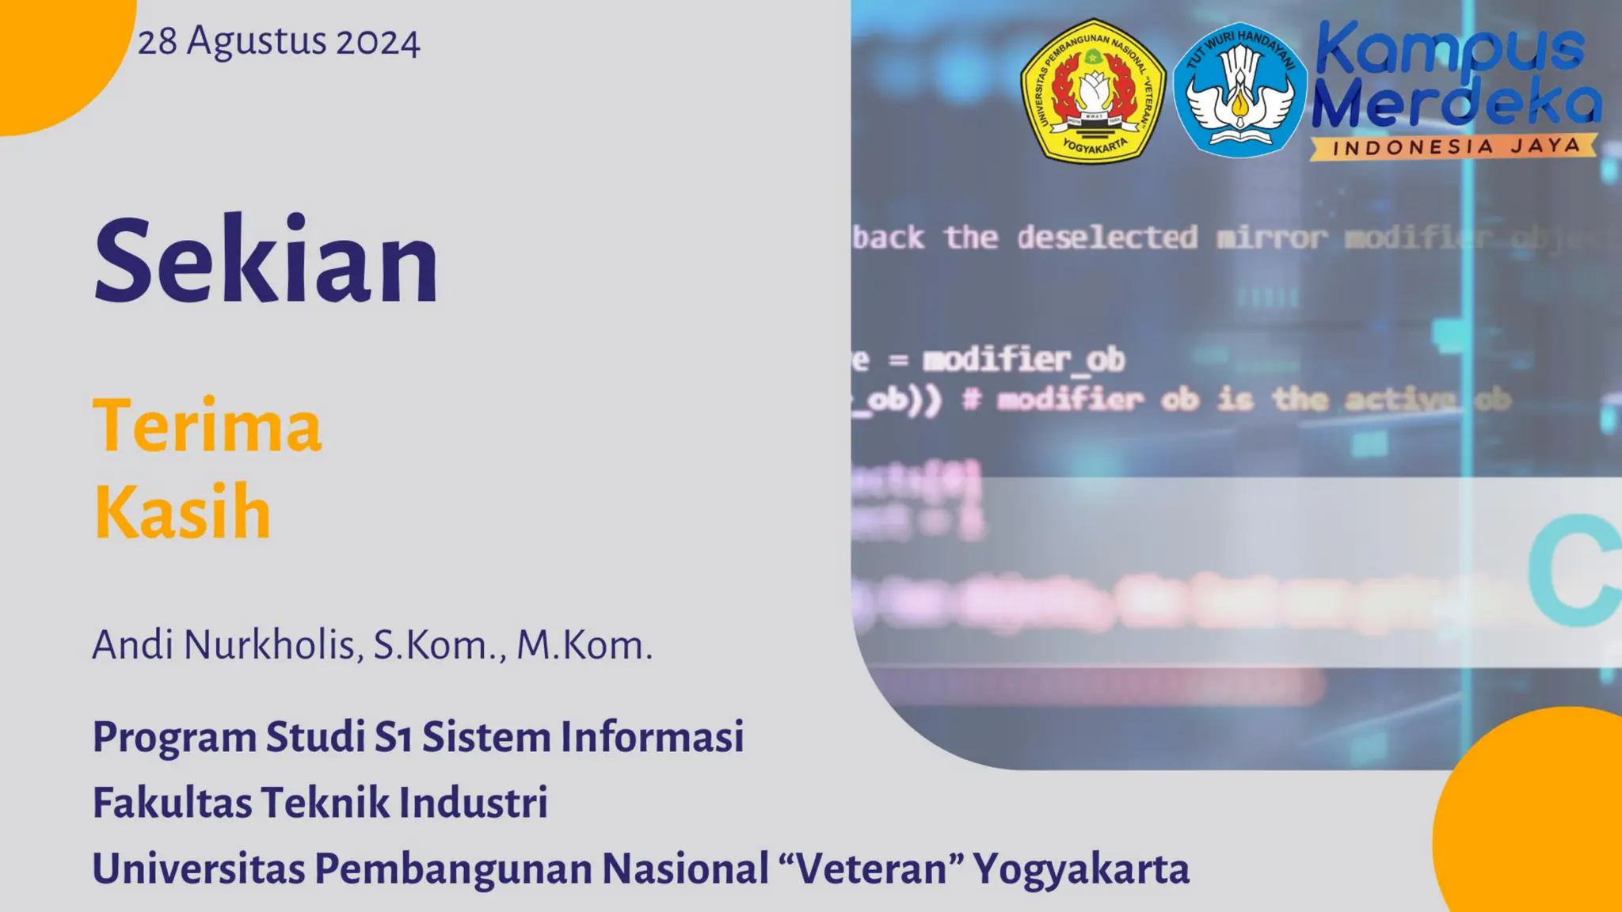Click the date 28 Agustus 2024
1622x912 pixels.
click(279, 41)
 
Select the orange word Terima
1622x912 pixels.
click(208, 426)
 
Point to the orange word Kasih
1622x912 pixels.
click(183, 512)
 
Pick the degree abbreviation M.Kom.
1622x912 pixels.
click(584, 644)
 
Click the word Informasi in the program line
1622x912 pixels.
click(653, 736)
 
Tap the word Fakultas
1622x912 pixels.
click(172, 802)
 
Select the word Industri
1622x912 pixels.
click(474, 802)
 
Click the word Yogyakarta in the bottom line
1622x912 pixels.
click(1081, 870)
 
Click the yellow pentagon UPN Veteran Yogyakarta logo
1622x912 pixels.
click(1092, 91)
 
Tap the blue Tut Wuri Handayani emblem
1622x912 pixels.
click(1239, 89)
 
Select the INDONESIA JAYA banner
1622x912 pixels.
click(1454, 146)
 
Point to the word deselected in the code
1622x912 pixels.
click(1107, 237)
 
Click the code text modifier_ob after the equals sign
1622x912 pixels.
click(1023, 360)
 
